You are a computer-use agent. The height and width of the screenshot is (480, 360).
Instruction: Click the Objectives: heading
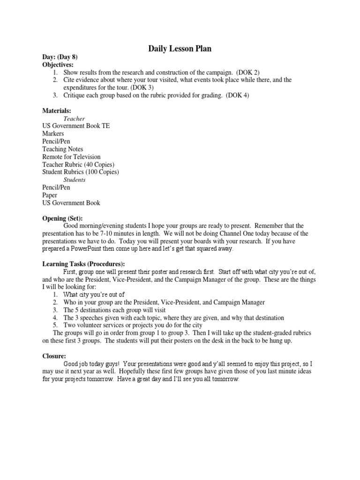coord(58,65)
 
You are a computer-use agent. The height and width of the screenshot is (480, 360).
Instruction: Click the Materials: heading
coord(57,111)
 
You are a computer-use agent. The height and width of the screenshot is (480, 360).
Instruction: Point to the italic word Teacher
coord(74,119)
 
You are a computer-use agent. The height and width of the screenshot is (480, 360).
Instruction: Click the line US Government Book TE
coord(76,126)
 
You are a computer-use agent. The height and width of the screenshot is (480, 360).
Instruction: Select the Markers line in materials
coord(53,134)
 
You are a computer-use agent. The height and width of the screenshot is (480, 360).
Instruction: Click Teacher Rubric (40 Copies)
coord(78,164)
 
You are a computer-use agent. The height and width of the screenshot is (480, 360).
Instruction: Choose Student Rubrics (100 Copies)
coord(81,172)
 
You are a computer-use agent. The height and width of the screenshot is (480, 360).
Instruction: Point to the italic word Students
coord(75,180)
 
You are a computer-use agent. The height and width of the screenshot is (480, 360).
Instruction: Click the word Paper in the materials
coord(50,195)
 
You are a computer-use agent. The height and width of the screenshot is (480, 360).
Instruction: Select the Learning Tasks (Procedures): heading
coord(83,264)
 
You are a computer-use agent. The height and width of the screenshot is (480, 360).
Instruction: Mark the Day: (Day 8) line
coord(60,57)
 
